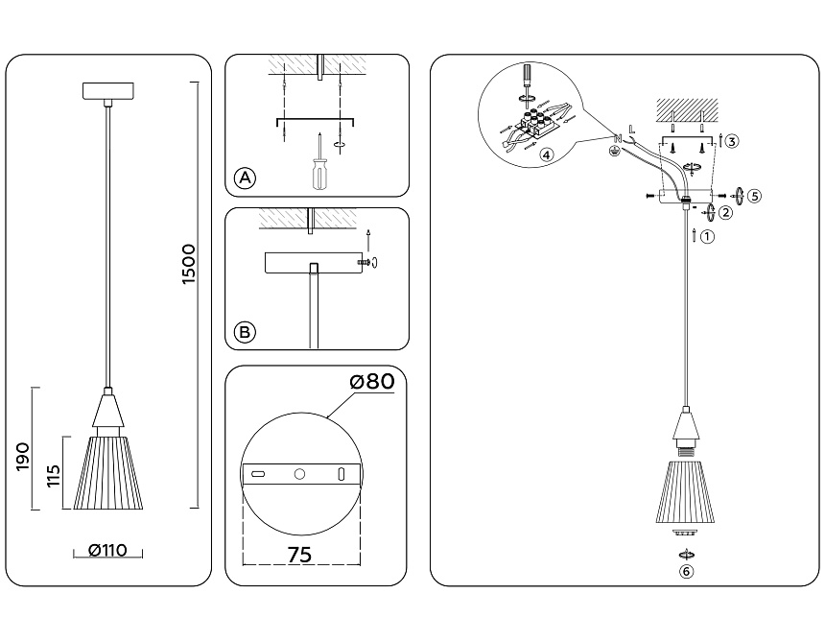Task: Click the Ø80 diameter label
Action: tap(372, 382)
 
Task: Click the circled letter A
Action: tap(246, 178)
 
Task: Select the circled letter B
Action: tap(246, 332)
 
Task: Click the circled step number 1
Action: tap(707, 236)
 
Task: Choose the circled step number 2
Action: tap(726, 213)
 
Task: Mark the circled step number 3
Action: tap(732, 142)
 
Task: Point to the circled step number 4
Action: tap(546, 154)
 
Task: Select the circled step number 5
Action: tap(755, 196)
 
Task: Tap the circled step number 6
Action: tap(685, 572)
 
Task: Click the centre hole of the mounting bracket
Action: tap(299, 474)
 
